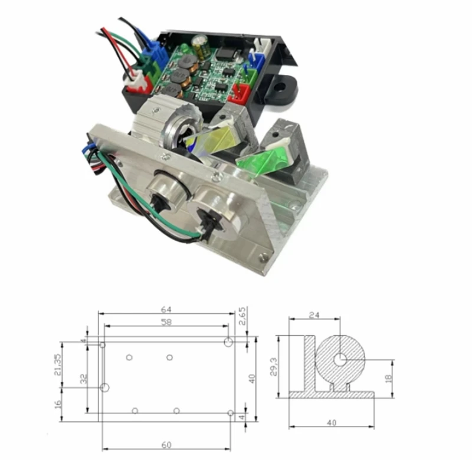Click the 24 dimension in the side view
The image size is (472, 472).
click(x=314, y=315)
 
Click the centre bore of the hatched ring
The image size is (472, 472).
click(x=340, y=359)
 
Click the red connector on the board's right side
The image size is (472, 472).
click(x=241, y=91)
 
